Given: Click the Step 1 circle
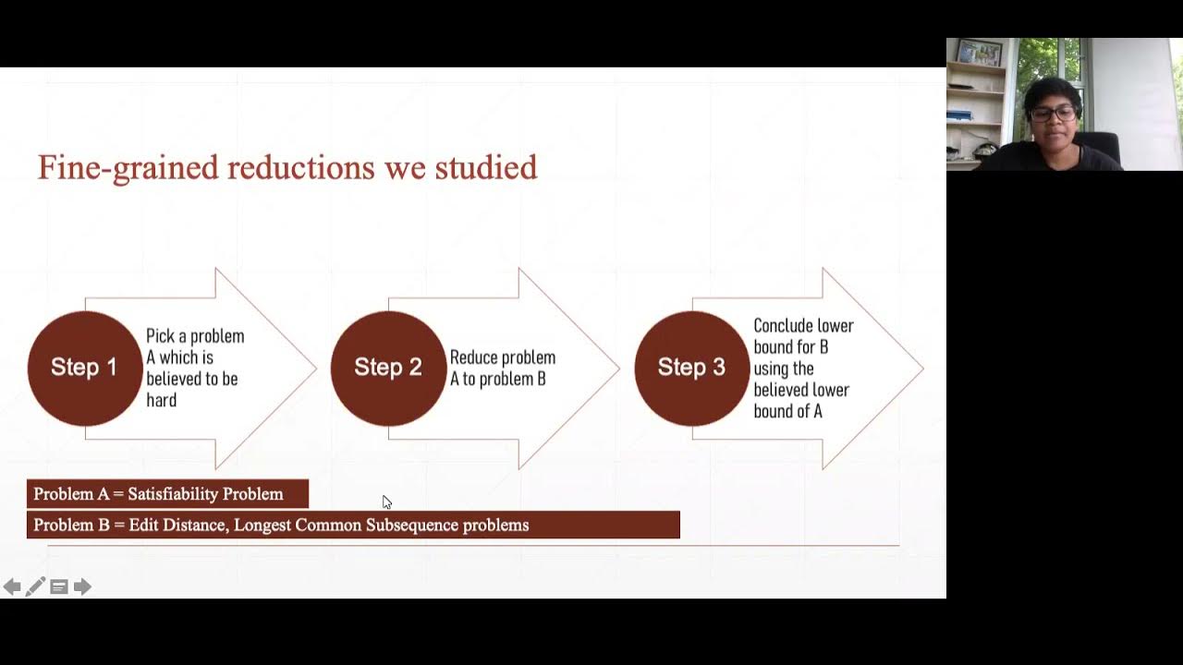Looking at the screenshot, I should pos(85,368).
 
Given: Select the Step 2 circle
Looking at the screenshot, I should pos(388,368).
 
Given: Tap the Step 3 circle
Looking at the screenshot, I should pos(691,368).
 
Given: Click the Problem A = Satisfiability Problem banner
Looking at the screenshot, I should pos(167,494).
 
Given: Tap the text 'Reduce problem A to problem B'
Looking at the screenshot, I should pos(502,368).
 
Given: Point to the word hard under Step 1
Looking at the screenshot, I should pos(161,400).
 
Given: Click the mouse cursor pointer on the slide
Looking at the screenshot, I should pos(385,501).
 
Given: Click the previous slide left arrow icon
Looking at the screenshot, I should pos(12,586).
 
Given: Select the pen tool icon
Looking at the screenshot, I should pos(35,586).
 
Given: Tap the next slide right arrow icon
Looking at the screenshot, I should pos(82,586).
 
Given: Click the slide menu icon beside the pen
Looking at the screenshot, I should pos(58,586).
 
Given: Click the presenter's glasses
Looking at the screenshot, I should pos(1053,114).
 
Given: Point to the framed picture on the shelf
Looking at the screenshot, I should pos(979,53).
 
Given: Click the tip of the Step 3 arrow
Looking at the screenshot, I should pos(921,369).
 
